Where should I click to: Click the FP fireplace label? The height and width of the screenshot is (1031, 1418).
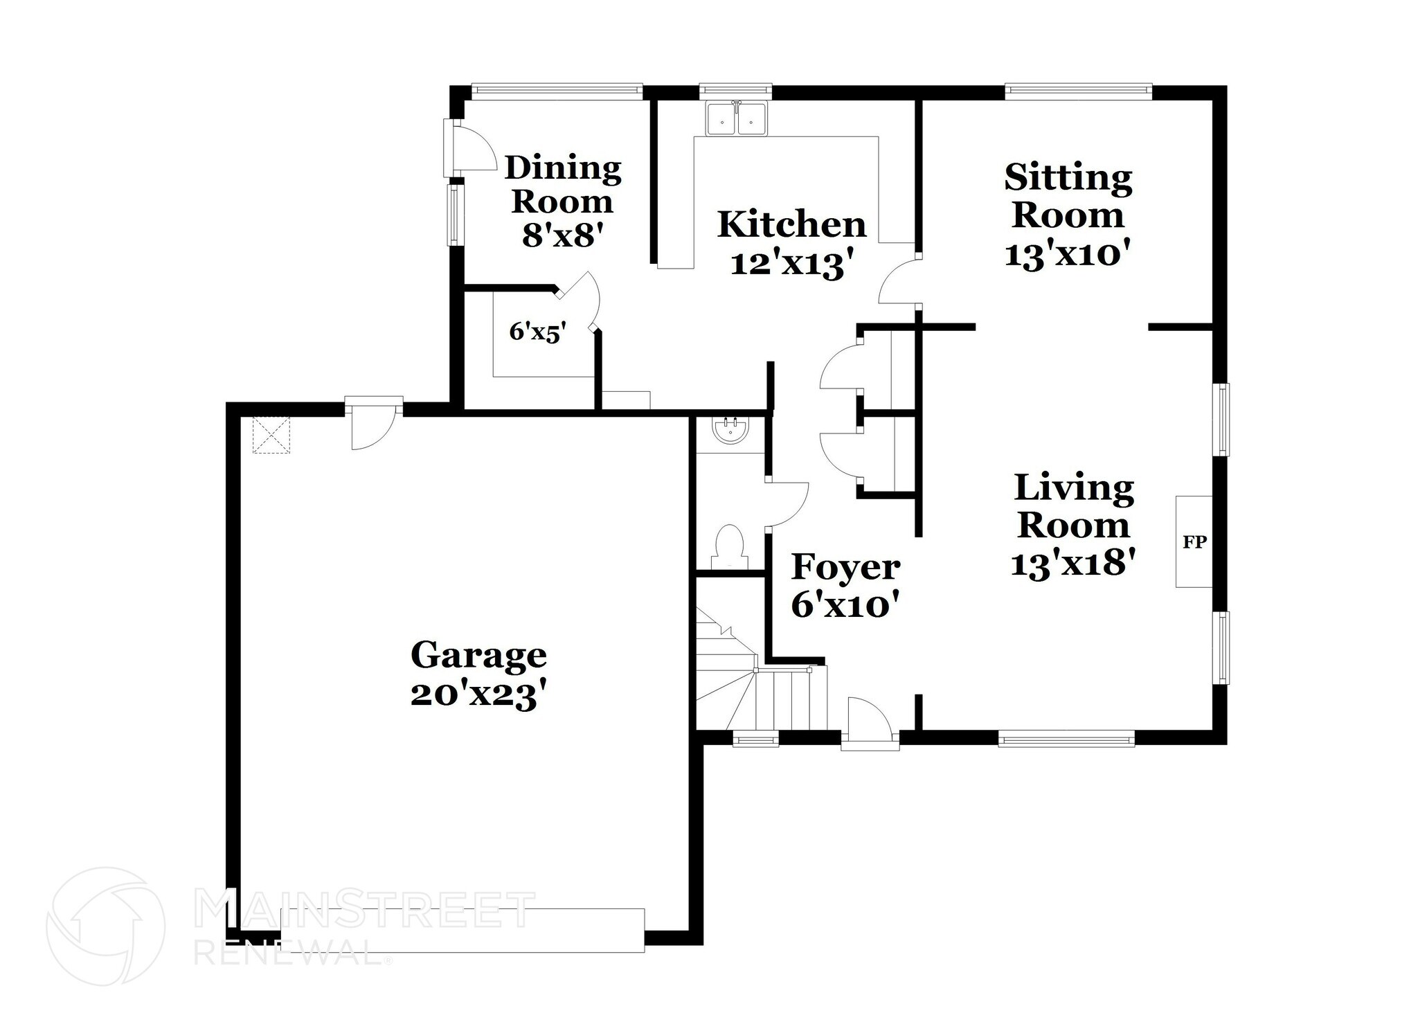point(1194,542)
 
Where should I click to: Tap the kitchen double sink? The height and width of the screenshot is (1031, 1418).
point(736,120)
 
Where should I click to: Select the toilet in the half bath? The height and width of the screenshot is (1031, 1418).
point(729,546)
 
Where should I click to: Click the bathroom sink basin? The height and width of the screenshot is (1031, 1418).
point(730,431)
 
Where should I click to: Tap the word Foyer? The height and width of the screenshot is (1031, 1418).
point(845,568)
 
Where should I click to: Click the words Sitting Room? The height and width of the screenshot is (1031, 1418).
point(1068,196)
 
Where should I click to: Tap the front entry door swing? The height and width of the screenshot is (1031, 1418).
point(868,722)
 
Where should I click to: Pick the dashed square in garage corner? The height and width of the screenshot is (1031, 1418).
point(271,435)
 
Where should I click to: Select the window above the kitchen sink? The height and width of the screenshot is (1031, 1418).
point(735,90)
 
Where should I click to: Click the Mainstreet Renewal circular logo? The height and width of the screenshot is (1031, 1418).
point(105,926)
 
